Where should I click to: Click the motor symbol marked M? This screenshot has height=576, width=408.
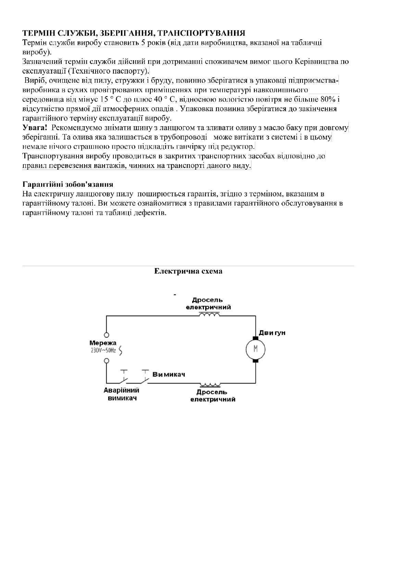[255, 349]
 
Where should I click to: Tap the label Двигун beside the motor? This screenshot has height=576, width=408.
[272, 333]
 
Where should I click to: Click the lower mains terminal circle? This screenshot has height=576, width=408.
[107, 361]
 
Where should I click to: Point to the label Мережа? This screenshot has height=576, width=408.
[103, 343]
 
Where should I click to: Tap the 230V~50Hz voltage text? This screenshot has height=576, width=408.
[103, 351]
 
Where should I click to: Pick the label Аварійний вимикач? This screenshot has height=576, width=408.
[122, 394]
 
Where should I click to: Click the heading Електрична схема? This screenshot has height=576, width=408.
[188, 271]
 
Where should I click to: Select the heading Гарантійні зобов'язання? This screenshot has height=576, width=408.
[68, 185]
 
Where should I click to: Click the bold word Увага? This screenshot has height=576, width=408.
[35, 128]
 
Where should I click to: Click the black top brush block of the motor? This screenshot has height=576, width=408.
[255, 338]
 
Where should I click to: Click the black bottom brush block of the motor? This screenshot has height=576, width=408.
[255, 360]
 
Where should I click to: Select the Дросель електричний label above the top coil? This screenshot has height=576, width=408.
[208, 304]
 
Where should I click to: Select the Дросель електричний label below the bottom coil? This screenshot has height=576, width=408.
[213, 395]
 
